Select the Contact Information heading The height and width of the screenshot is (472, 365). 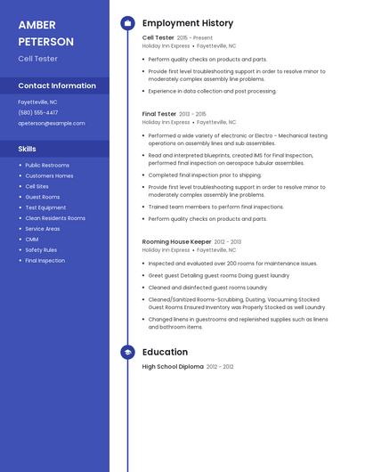(57, 85)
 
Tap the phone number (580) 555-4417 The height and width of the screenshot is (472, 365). (38, 113)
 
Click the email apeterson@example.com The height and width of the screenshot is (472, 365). (52, 124)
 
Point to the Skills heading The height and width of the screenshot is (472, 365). (28, 149)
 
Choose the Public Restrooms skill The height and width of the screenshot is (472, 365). (47, 166)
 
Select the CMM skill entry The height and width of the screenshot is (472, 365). (32, 240)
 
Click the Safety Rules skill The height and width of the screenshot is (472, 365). (41, 250)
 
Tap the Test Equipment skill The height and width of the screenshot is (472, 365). (45, 208)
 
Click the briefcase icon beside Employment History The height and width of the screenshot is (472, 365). (127, 23)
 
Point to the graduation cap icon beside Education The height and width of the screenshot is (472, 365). (127, 352)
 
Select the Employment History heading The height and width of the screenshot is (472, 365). (188, 23)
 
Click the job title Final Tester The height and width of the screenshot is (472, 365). (159, 114)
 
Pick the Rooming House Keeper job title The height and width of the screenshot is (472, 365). (177, 241)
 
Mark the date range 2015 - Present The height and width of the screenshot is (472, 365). (195, 38)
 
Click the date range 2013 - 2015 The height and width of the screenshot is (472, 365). (192, 114)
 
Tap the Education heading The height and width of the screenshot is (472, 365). (165, 352)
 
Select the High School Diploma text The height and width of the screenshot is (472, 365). (173, 367)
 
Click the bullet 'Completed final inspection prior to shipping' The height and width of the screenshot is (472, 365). (205, 175)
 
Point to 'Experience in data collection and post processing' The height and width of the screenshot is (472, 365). (212, 91)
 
